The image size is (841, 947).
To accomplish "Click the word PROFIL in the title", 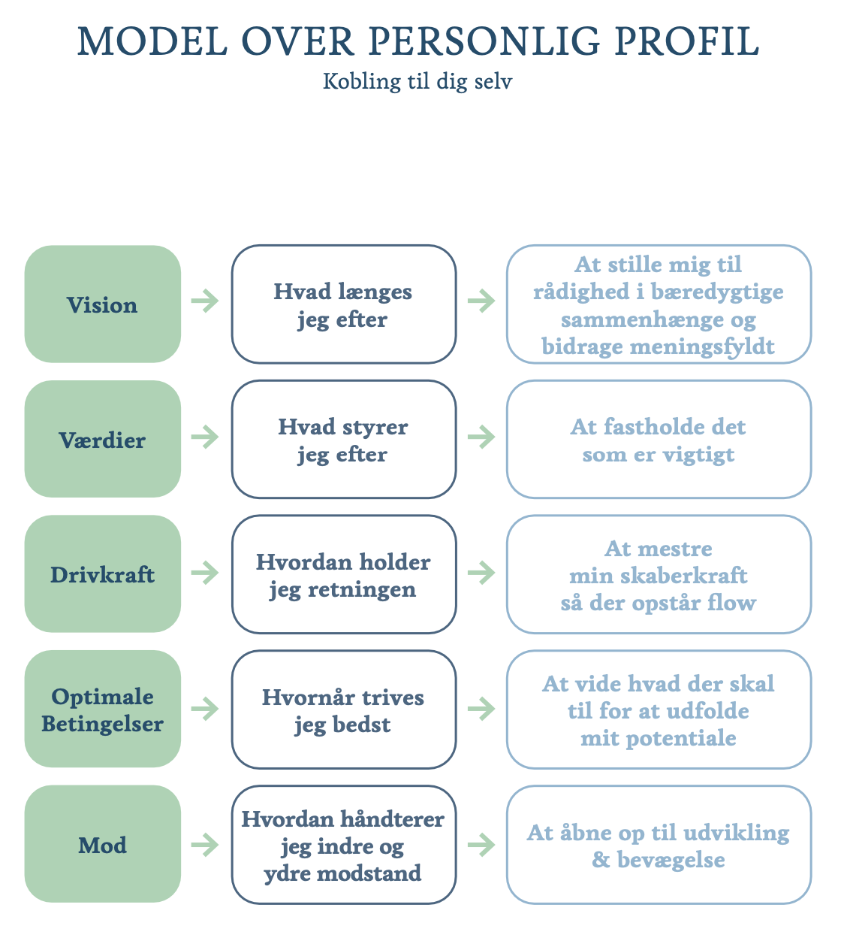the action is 687,41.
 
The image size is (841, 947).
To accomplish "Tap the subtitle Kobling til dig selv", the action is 417,82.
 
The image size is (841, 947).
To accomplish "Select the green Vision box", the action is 103,304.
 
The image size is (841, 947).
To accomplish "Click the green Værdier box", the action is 103,439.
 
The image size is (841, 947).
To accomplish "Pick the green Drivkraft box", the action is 103,574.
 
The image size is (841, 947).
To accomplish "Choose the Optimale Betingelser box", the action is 103,709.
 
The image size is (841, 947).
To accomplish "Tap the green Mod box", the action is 103,844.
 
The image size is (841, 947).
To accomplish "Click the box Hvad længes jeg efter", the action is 344,304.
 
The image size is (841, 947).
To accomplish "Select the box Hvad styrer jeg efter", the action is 344,439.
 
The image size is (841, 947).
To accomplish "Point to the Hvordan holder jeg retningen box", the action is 344,574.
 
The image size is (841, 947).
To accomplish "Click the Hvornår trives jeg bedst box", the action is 344,709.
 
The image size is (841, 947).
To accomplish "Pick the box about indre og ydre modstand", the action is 344,844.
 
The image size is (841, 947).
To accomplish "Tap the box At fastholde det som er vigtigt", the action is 659,439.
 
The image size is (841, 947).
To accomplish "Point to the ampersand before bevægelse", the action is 601,860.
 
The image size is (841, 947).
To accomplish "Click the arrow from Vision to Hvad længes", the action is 205,301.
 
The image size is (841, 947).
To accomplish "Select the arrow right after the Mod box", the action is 205,845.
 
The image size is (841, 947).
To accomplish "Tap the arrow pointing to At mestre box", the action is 481,573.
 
